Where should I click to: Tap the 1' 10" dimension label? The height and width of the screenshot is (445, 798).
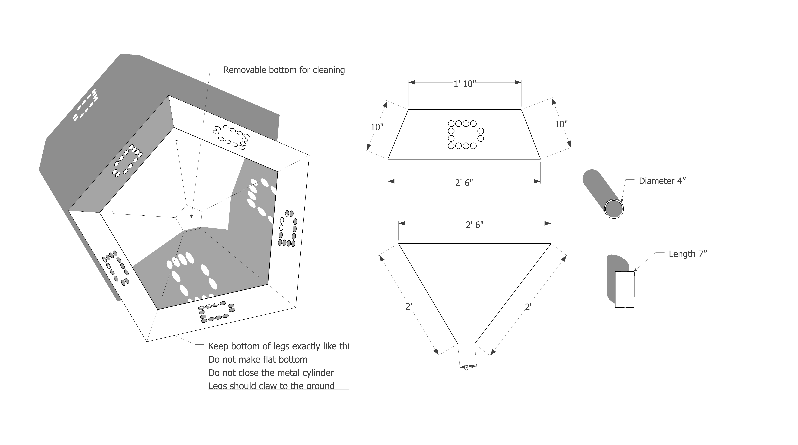[464, 84]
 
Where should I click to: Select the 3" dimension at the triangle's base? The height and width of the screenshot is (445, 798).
[467, 368]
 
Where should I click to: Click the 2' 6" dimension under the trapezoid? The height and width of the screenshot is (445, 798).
[464, 183]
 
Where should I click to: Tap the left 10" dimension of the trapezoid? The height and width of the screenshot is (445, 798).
[377, 127]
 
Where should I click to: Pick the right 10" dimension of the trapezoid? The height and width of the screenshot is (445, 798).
[561, 124]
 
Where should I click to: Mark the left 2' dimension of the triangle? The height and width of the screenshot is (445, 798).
[409, 307]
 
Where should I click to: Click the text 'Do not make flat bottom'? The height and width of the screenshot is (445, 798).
[258, 359]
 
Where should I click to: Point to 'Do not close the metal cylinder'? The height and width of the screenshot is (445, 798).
[271, 373]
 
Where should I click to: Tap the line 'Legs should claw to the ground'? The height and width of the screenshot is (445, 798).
[271, 386]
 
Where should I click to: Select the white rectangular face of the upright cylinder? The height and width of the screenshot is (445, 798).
[624, 289]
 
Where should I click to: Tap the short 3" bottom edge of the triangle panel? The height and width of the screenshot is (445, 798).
[466, 344]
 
